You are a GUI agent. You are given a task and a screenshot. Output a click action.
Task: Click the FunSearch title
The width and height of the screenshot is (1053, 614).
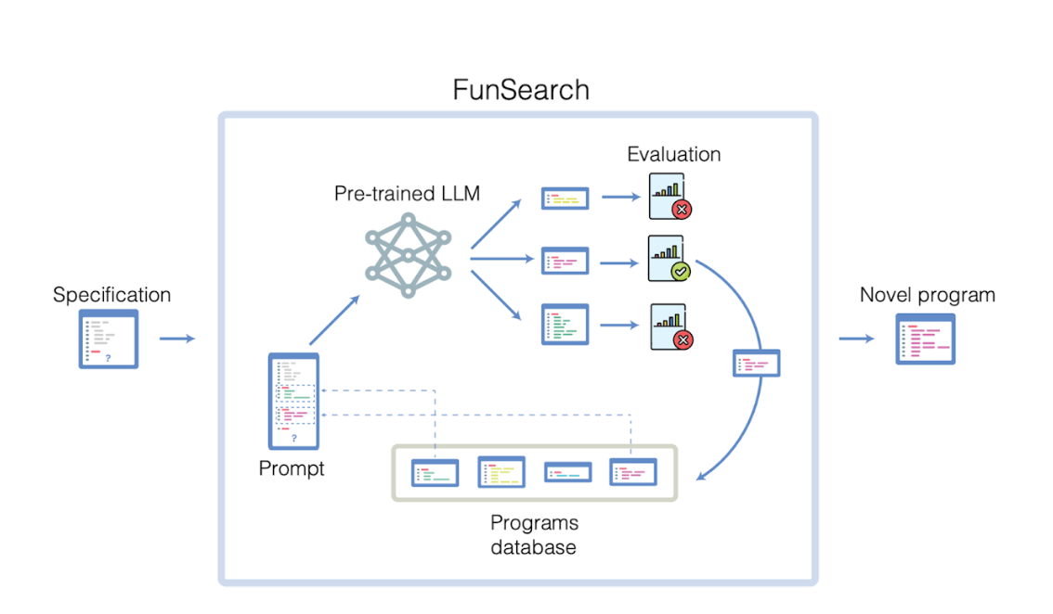(520, 90)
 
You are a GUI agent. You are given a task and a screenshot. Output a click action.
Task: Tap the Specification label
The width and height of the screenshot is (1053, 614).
(111, 295)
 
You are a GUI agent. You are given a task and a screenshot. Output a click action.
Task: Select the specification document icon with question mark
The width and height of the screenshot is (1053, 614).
(109, 339)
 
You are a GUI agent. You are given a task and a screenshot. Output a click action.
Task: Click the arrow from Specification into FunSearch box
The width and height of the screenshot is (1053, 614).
(176, 339)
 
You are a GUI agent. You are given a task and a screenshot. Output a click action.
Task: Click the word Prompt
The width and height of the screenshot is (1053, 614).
(292, 468)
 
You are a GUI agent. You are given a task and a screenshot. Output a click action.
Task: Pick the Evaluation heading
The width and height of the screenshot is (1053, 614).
(673, 154)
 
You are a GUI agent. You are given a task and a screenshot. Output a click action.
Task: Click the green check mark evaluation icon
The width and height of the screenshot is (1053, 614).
(669, 261)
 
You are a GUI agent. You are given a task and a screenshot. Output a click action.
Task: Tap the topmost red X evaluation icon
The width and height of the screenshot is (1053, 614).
(669, 198)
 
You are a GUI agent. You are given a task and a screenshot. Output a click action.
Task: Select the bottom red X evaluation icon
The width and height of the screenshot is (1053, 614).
(669, 329)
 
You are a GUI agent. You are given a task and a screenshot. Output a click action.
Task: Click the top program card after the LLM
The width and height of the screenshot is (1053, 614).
(565, 198)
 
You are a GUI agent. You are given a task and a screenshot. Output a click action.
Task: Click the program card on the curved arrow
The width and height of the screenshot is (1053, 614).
(756, 363)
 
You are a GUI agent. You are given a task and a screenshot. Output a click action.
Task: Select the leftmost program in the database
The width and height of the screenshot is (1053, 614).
(435, 473)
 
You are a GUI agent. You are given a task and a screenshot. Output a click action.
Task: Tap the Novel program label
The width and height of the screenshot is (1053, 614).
(927, 295)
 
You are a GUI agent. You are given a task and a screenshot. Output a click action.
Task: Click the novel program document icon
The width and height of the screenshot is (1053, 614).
(925, 339)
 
